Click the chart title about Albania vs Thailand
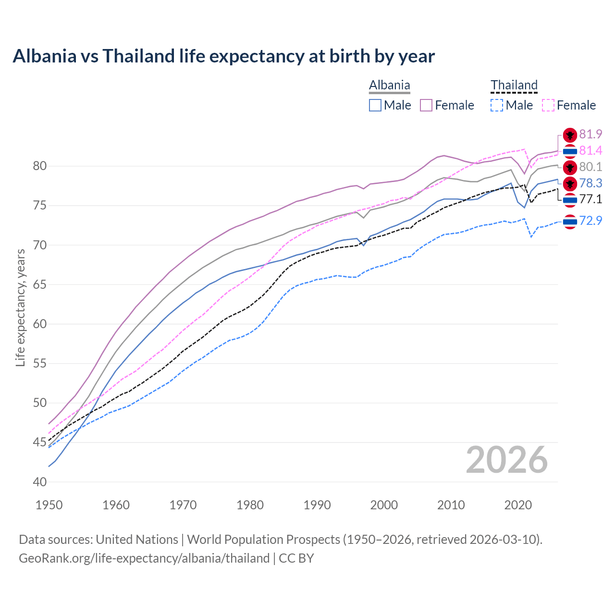223,56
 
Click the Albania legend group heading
389,85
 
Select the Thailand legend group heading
514,85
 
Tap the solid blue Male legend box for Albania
375,105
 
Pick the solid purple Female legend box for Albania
426,105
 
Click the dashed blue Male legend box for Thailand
497,105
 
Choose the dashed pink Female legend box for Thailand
548,105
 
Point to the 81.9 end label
590,135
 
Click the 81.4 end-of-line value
590,151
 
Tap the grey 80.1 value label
590,167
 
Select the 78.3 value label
590,183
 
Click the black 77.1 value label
590,199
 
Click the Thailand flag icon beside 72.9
570,221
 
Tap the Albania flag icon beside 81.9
570,135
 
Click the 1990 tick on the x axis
317,505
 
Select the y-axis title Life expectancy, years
20,307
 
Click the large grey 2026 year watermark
506,460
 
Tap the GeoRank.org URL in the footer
144,558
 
